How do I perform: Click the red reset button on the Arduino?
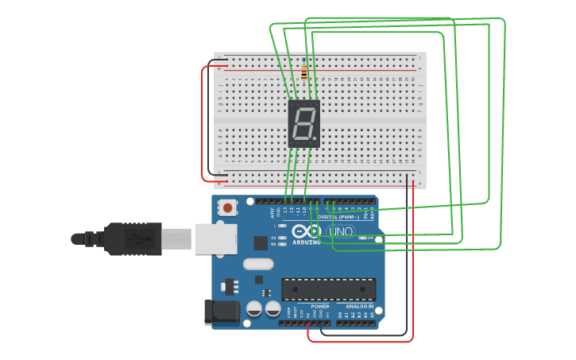click(x=228, y=208)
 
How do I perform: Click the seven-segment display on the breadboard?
click(x=303, y=124)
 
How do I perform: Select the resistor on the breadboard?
click(x=303, y=71)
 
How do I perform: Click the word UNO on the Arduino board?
click(x=341, y=231)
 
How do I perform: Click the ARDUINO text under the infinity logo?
click(x=307, y=242)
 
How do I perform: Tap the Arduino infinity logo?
click(x=306, y=231)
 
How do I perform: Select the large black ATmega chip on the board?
click(x=328, y=289)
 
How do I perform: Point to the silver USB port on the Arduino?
click(x=215, y=238)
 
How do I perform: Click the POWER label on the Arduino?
click(x=319, y=306)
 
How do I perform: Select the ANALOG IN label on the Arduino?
click(x=359, y=306)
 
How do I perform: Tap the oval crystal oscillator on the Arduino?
click(x=257, y=264)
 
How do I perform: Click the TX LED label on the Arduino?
click(x=273, y=238)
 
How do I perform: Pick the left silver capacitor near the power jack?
click(x=254, y=309)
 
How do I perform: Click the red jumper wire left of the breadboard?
click(x=203, y=119)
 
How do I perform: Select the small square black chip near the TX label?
click(x=261, y=243)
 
